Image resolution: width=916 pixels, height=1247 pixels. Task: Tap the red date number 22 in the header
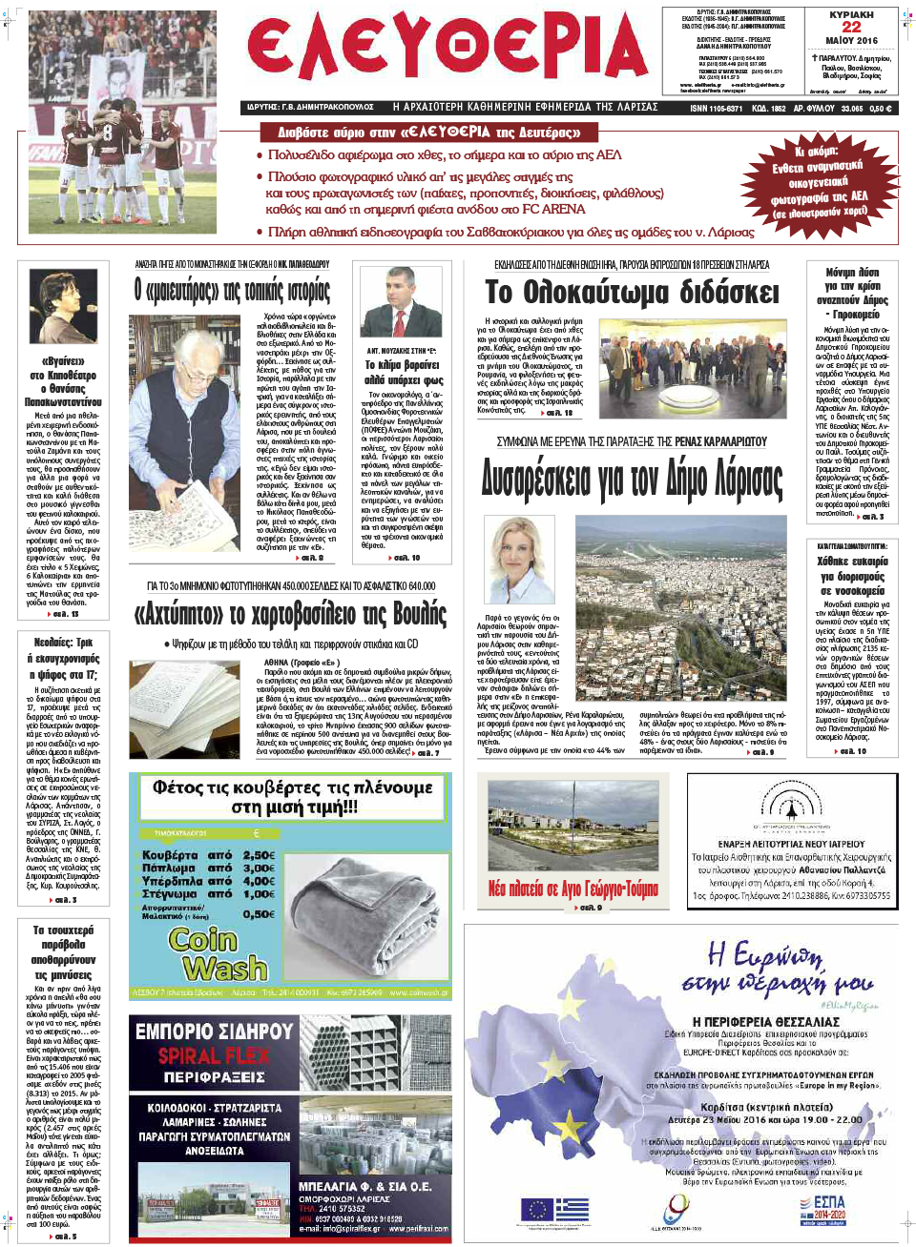coord(851,27)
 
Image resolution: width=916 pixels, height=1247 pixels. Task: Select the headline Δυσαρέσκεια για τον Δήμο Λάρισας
coord(632,479)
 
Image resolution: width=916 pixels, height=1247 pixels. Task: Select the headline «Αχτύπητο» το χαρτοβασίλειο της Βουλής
coord(290,613)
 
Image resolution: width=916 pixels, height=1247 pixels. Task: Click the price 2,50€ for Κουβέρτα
coord(259,855)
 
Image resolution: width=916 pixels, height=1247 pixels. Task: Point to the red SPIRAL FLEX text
coord(213,1055)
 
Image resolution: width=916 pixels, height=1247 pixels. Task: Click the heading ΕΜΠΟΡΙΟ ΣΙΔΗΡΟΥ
coord(214,1032)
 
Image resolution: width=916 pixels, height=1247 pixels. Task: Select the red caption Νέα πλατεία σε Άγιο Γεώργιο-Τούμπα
coord(572,889)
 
